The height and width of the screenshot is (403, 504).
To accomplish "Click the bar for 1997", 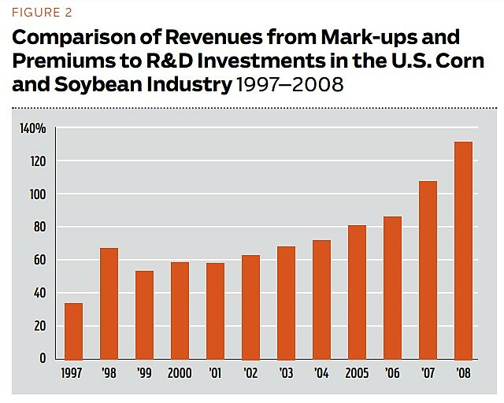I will point(73,331).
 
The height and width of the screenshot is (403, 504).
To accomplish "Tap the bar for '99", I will point(144,314).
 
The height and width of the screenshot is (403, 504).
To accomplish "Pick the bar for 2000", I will point(180,310).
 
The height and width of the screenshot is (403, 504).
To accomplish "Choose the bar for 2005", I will point(356,292).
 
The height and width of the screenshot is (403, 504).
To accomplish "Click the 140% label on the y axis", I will point(33,128).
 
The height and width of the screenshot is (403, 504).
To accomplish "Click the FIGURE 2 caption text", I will point(41,13).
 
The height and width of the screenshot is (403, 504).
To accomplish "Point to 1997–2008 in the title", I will point(289,83).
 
